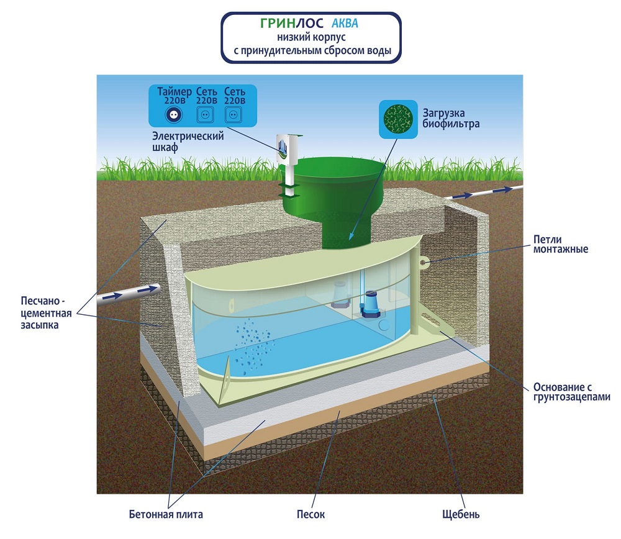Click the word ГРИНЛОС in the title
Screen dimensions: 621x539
pos(291,24)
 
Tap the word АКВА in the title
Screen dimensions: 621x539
pos(345,24)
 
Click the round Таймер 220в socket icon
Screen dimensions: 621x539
pos(174,115)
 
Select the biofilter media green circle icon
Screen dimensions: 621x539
pos(398,119)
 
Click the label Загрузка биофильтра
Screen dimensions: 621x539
pos(451,119)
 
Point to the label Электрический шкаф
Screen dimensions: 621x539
pos(188,142)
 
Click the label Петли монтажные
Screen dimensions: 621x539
pos(560,245)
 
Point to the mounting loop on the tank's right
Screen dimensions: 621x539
pos(424,262)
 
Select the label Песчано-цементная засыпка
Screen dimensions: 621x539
pos(46,313)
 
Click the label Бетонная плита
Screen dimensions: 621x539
pos(166,514)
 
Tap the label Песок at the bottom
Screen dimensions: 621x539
pos(311,514)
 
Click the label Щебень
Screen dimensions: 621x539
pos(461,514)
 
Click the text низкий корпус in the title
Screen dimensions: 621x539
pos(311,37)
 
